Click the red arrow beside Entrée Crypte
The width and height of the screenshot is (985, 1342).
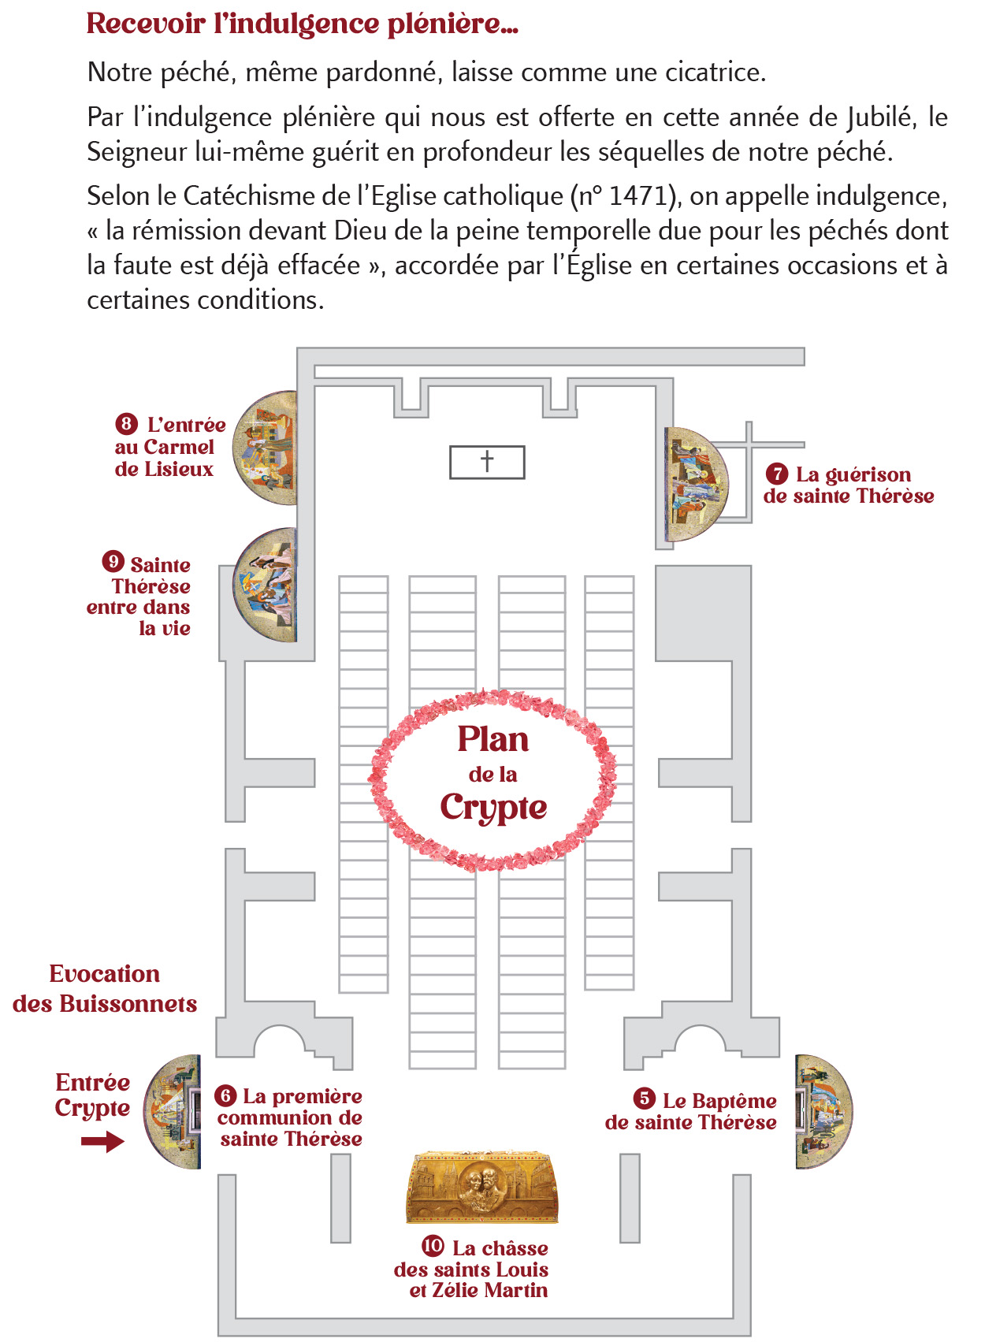pyautogui.click(x=102, y=1141)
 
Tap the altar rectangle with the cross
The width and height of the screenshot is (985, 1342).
pyautogui.click(x=487, y=462)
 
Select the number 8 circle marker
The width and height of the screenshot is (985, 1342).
pyautogui.click(x=126, y=424)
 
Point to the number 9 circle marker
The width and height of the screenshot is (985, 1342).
pyautogui.click(x=113, y=561)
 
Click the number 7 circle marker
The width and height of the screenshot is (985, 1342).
pyautogui.click(x=777, y=474)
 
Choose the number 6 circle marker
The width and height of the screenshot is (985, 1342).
pyautogui.click(x=225, y=1095)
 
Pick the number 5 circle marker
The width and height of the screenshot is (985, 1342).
pyautogui.click(x=645, y=1099)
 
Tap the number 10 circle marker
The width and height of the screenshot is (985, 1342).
pyautogui.click(x=433, y=1246)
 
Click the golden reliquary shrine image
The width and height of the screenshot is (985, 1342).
pyautogui.click(x=481, y=1188)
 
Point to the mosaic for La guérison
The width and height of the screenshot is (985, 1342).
pyautogui.click(x=693, y=483)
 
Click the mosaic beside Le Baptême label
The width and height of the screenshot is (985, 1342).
pyautogui.click(x=821, y=1111)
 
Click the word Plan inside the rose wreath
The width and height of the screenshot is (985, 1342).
pyautogui.click(x=493, y=739)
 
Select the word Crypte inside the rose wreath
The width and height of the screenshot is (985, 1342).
pyautogui.click(x=493, y=808)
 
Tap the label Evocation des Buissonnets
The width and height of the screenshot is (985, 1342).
pyautogui.click(x=105, y=989)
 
